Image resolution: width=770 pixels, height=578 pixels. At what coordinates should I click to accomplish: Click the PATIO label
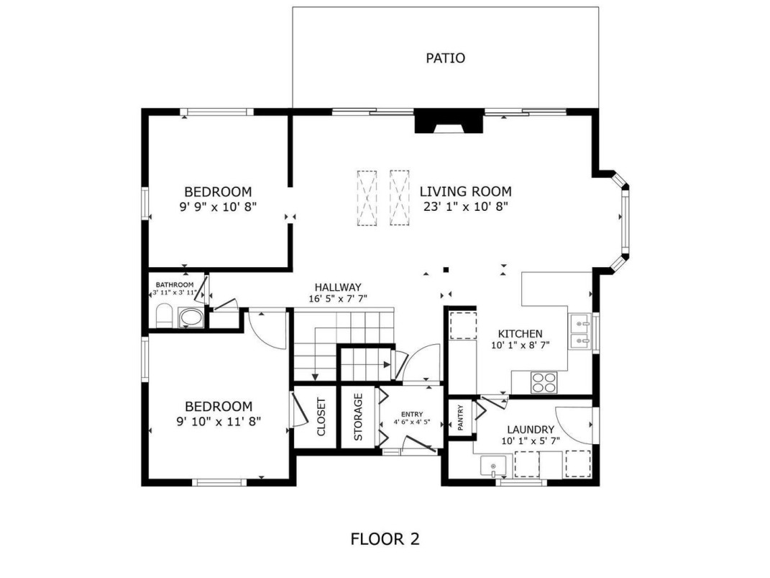[445, 58]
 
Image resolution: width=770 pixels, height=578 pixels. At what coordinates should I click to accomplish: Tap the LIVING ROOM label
[465, 191]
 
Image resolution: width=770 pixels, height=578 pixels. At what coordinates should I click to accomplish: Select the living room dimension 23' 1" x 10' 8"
[465, 207]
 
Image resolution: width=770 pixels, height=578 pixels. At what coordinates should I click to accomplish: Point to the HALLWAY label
[338, 287]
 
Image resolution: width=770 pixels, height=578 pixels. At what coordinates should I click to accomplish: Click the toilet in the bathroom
[164, 315]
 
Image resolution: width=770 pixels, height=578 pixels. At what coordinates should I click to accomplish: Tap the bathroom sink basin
[191, 317]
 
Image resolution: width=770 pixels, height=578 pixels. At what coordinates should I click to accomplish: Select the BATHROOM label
[174, 284]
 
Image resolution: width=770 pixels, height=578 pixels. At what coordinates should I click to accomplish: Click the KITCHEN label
[520, 334]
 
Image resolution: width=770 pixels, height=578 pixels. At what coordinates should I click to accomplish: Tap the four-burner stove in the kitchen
[544, 382]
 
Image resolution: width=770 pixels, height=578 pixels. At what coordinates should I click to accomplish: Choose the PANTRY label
[460, 417]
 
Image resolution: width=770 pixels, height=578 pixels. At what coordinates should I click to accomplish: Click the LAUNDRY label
[531, 430]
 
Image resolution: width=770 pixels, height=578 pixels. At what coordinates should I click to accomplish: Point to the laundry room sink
[493, 466]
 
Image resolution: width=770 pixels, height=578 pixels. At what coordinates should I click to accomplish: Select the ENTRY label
[411, 415]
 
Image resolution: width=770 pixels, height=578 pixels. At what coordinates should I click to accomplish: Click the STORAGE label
[358, 417]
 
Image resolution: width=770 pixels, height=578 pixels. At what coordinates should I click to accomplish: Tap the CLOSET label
[321, 417]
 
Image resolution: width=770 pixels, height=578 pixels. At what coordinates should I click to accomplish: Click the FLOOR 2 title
[385, 539]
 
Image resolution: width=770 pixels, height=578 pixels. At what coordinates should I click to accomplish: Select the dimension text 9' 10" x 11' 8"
[219, 421]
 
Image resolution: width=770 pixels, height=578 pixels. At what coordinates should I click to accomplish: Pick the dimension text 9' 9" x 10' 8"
[218, 207]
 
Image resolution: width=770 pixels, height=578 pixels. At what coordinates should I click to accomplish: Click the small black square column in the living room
[446, 269]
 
